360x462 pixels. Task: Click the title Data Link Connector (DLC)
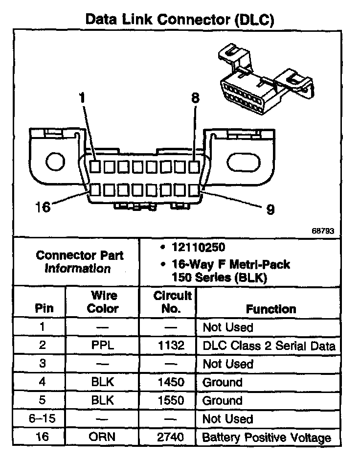[180, 20]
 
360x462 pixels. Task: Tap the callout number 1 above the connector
[83, 98]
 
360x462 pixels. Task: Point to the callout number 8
[196, 98]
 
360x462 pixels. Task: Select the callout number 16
[43, 207]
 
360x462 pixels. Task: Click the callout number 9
[270, 209]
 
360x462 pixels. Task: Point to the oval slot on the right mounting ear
[241, 161]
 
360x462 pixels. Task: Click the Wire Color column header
[103, 302]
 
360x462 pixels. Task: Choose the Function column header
[270, 309]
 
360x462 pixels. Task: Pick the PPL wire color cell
[103, 346]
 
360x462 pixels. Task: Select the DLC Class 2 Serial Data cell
[269, 346]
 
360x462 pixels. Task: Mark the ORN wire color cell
[103, 437]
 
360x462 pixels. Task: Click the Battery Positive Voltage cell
[267, 437]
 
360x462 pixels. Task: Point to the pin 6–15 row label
[43, 419]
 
